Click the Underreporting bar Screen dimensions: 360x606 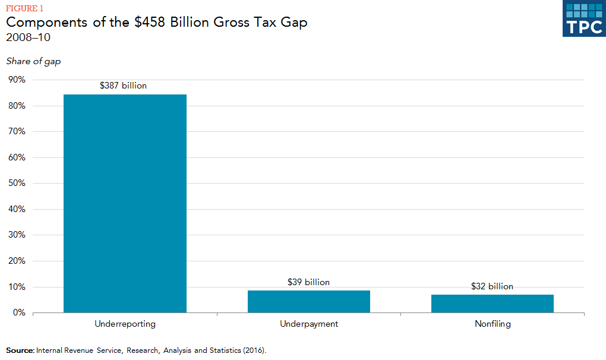125,203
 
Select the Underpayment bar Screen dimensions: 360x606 309,301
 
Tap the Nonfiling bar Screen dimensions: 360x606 493,303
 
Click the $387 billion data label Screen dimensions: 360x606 123,86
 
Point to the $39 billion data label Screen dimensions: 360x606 308,282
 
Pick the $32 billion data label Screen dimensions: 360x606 492,286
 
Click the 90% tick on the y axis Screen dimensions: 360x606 17,80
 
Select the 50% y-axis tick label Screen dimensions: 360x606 17,184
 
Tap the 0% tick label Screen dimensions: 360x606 19,312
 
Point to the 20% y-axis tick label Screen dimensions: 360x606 17,261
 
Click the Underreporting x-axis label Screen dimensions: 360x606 125,324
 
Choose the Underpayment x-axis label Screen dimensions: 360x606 309,324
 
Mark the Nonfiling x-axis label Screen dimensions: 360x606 493,324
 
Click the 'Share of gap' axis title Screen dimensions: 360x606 33,61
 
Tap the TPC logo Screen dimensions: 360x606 583,18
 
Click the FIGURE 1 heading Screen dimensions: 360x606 24,8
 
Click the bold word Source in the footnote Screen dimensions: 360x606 20,350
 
